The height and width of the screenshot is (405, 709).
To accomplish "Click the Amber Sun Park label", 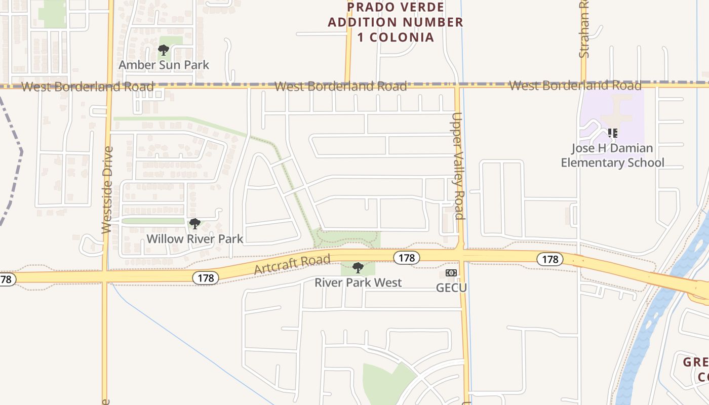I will point(164,65).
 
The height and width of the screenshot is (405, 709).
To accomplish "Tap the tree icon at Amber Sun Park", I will point(163,50).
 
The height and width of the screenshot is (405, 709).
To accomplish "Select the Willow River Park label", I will point(195,239).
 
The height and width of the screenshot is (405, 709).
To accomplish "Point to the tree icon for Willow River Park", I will point(194,223).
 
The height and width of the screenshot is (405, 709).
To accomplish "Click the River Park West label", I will point(358,282).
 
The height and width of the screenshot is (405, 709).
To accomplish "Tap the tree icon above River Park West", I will point(358,267).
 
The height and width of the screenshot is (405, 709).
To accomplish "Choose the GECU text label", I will point(451,288).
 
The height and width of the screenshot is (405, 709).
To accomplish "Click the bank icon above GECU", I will point(451,273).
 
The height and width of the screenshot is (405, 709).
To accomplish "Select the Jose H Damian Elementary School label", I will point(613,155).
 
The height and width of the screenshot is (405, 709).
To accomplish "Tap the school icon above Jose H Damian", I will point(613,133).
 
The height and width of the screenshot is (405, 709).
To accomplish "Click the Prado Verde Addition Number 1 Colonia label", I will point(396,22).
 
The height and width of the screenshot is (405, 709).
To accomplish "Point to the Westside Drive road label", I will point(106,190).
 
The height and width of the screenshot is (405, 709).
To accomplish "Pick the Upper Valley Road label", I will point(459,166).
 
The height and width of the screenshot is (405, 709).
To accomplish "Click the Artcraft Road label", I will point(292,265).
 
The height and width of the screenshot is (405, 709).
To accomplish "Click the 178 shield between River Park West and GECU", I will point(406,258).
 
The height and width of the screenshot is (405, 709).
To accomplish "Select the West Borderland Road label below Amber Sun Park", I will point(88,87).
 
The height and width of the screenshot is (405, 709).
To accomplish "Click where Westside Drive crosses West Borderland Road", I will point(109,86).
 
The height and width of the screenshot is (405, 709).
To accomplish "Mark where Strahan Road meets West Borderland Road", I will point(583,84).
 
